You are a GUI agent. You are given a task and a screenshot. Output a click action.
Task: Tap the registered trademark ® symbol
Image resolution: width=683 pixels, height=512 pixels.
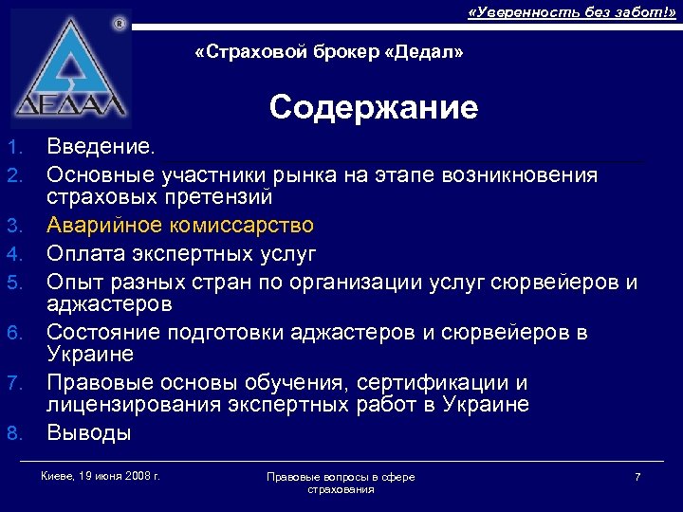pos(119,22)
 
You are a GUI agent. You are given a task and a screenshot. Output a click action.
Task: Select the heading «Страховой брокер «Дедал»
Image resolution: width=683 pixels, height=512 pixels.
pos(328,53)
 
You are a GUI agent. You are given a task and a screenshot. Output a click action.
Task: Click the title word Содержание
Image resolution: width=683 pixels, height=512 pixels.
pos(373,107)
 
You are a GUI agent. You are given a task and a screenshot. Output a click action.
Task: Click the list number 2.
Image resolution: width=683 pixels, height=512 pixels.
pos(13,176)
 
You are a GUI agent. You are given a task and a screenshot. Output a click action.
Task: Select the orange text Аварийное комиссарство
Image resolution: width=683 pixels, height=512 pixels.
pos(180,226)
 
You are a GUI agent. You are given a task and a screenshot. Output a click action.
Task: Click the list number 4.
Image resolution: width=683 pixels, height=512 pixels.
pos(13,255)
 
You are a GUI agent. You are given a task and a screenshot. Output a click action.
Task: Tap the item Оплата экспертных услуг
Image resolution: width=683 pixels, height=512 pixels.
pos(181,254)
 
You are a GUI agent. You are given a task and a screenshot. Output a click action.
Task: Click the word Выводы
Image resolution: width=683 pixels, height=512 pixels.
pos(89,433)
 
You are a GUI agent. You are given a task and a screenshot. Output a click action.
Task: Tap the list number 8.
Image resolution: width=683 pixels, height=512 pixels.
pos(13,434)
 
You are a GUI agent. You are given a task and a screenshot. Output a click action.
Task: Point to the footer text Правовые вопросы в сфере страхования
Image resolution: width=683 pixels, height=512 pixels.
pos(341,482)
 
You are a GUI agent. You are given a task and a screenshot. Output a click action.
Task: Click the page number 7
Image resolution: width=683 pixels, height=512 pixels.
pos(637,476)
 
